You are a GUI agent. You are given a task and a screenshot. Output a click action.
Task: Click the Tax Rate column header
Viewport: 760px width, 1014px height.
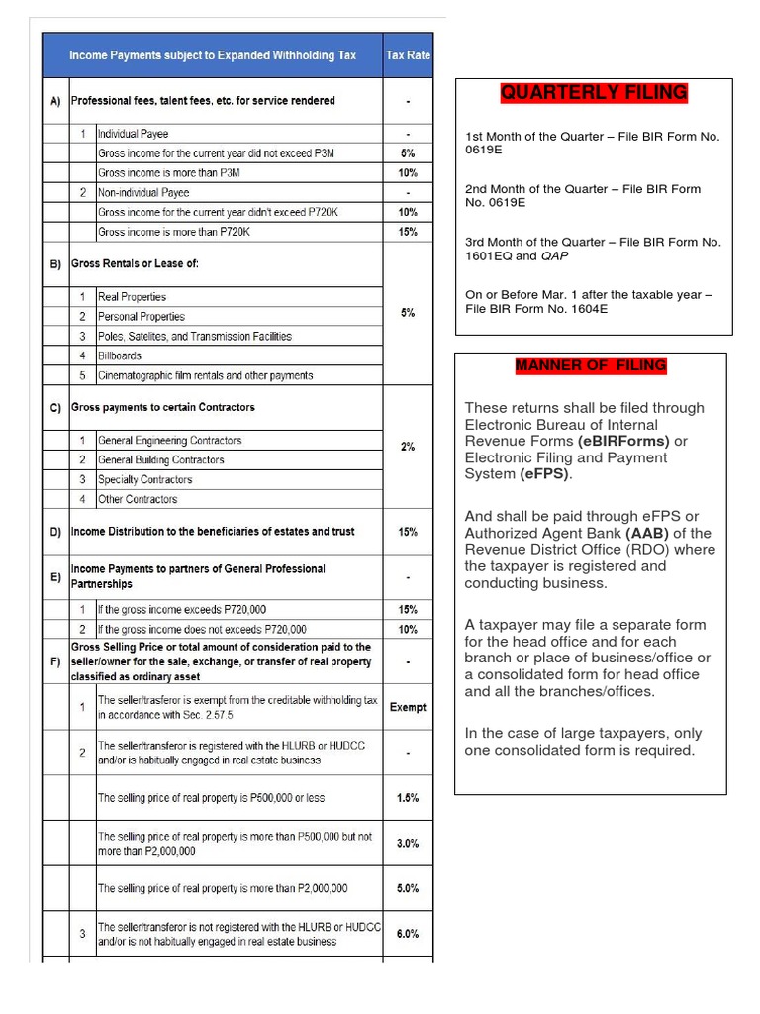click(x=408, y=55)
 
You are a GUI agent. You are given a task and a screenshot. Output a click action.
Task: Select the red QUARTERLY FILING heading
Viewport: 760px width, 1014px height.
click(x=594, y=93)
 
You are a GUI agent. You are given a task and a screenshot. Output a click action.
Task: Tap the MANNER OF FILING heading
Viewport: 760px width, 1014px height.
click(x=591, y=366)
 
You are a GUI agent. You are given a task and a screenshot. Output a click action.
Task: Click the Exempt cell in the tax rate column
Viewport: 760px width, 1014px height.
click(x=408, y=707)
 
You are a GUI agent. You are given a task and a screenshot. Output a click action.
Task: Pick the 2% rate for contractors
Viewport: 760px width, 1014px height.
click(x=408, y=447)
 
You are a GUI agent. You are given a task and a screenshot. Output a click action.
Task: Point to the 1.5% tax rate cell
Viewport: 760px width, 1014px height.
click(x=408, y=797)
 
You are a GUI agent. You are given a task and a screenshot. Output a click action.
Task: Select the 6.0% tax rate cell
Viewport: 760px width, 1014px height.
click(x=408, y=933)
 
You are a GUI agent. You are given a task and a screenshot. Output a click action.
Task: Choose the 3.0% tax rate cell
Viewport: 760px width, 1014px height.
click(x=408, y=843)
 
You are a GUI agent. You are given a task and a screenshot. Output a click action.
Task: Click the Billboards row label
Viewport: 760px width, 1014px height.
click(x=120, y=355)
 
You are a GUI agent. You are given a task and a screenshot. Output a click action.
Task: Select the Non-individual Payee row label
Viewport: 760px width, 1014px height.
click(x=143, y=192)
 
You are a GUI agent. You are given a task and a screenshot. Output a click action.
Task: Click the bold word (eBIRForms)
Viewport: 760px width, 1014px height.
click(x=624, y=441)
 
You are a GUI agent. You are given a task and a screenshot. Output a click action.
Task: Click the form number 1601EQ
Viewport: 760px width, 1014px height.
click(x=490, y=255)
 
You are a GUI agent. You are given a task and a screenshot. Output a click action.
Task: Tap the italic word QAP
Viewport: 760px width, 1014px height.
click(x=554, y=255)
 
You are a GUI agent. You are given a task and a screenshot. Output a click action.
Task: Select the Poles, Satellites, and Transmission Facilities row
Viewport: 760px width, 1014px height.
click(x=194, y=336)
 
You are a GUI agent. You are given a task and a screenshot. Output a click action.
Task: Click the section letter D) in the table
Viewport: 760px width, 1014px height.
click(x=55, y=532)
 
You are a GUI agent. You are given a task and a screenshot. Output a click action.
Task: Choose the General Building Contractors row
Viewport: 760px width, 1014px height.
click(x=160, y=459)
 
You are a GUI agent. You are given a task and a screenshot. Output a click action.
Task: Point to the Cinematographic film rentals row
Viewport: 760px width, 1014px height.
click(x=205, y=375)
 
